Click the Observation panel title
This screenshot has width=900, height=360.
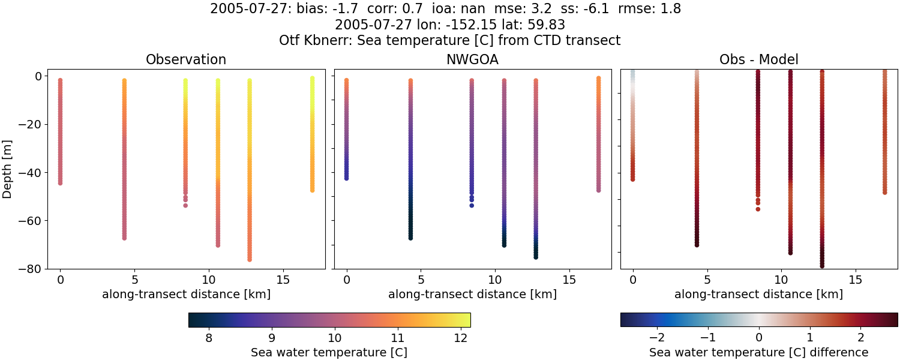(186, 60)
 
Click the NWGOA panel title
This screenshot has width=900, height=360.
(472, 60)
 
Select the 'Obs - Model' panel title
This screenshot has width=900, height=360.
(758, 60)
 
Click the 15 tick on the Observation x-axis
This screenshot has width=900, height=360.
(283, 280)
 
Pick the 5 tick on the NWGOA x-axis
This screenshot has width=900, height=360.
(421, 280)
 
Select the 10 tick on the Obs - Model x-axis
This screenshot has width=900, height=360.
(781, 280)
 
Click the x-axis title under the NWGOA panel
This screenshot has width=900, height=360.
(472, 295)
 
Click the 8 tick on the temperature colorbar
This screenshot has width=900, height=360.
(208, 337)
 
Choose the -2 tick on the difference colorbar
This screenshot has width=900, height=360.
(657, 337)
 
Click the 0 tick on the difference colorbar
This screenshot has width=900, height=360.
(759, 337)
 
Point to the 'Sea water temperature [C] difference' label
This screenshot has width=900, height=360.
(758, 353)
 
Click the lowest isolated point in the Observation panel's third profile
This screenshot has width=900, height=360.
(185, 205)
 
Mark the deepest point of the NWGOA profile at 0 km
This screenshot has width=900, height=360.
(346, 178)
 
